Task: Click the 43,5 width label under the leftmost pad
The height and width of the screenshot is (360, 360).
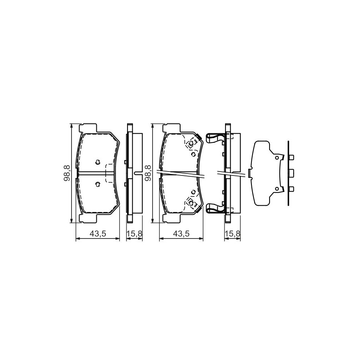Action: [x=98, y=234]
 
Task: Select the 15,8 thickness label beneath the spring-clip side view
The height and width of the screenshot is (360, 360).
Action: [x=233, y=234]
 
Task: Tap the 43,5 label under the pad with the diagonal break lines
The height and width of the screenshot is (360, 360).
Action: [x=181, y=234]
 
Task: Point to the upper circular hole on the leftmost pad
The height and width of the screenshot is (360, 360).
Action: [x=98, y=162]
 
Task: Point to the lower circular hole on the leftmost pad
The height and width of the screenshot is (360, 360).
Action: [x=98, y=184]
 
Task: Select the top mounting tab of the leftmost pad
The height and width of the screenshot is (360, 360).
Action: [x=88, y=128]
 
